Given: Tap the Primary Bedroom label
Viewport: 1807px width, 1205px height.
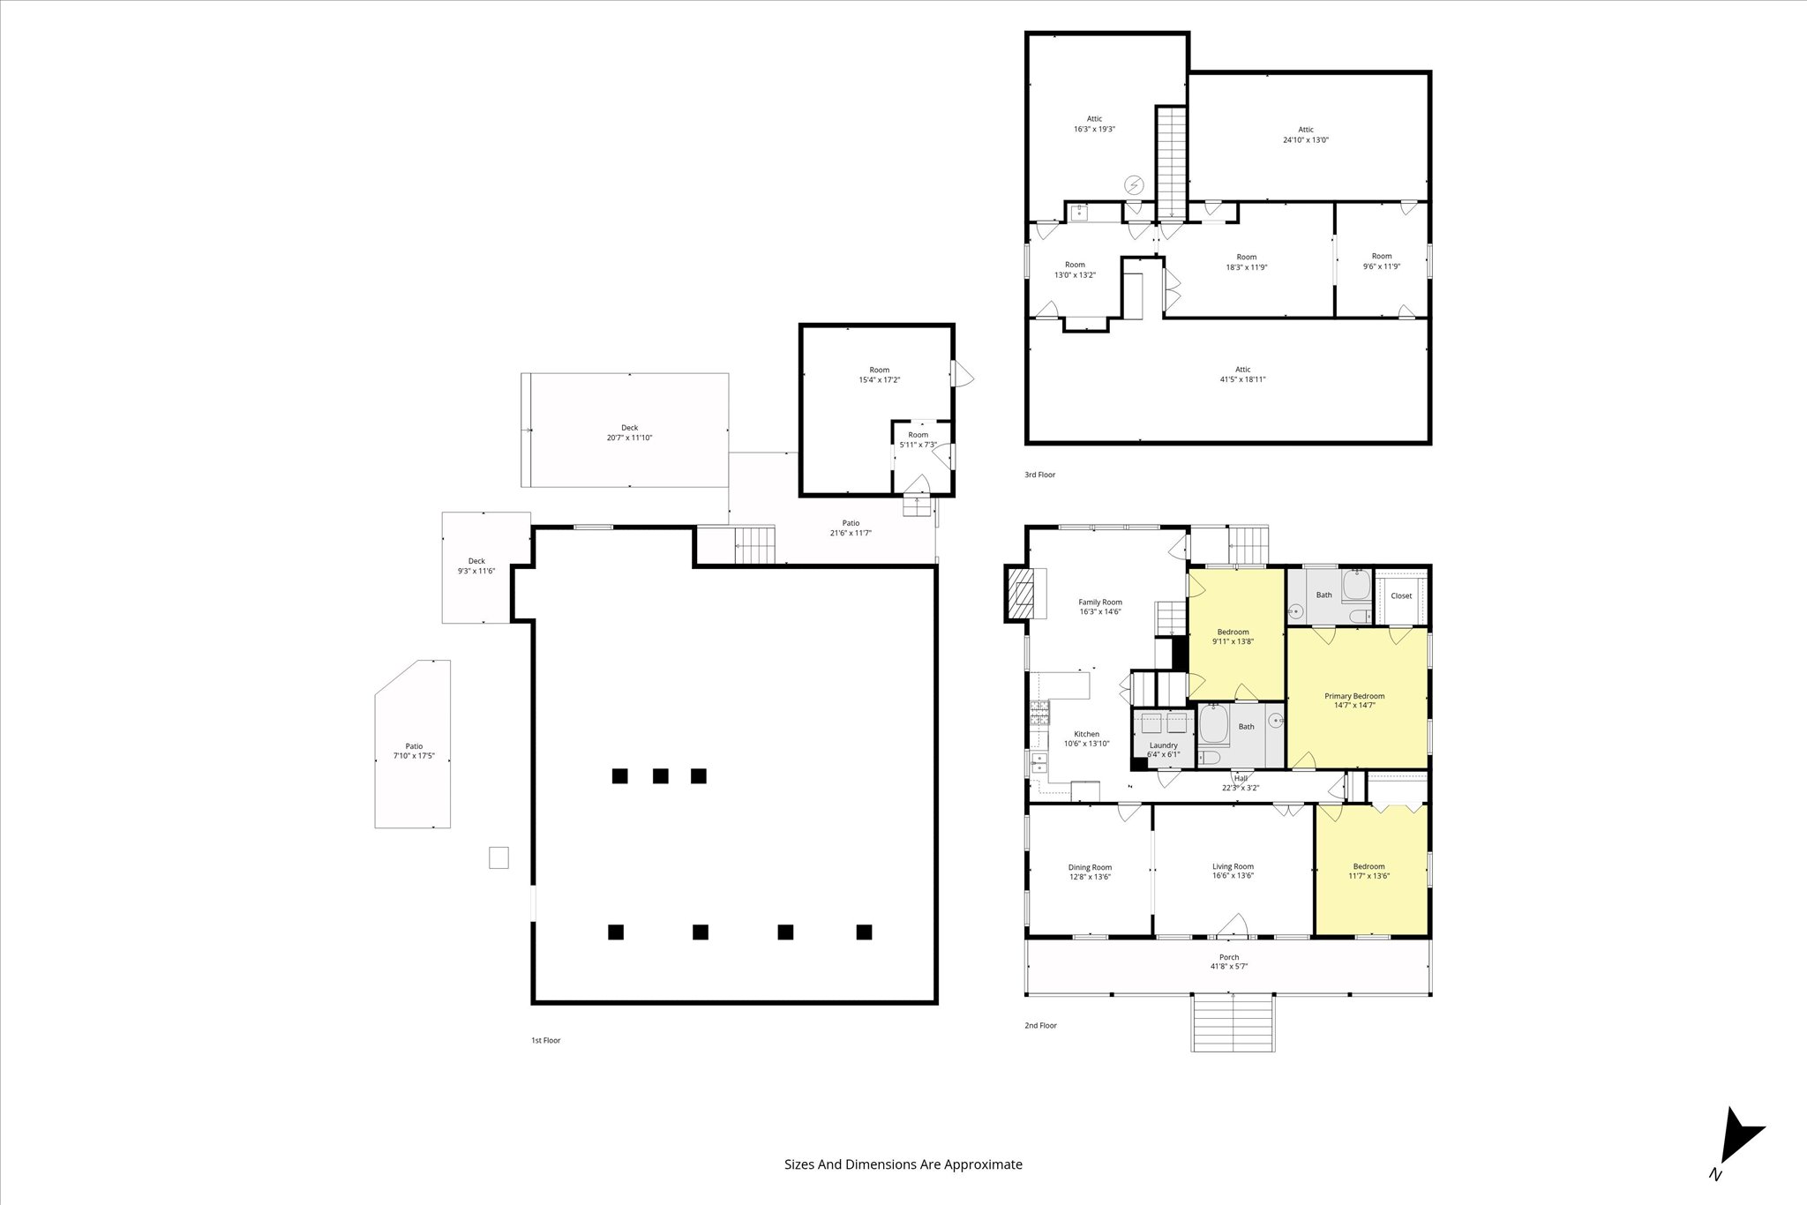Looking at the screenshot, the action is (1354, 700).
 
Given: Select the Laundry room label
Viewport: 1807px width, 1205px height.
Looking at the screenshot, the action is (1163, 750).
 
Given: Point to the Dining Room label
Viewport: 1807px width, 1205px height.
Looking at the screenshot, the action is (1090, 872).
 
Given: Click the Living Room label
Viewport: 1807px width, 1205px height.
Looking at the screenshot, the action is (1233, 871).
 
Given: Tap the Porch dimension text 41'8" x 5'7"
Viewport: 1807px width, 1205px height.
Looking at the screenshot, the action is (1229, 967).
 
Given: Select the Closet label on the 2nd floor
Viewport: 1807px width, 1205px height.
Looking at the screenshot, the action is (1401, 595).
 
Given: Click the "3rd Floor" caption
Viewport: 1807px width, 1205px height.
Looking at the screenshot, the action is (1039, 475).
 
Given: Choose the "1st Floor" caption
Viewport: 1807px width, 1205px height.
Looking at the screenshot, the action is (545, 1040).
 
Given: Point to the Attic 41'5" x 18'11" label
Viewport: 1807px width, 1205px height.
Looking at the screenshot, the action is (1242, 375).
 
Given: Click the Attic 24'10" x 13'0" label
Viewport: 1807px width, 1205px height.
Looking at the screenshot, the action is (1306, 135).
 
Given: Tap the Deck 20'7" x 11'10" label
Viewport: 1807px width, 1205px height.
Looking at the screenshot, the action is (629, 432).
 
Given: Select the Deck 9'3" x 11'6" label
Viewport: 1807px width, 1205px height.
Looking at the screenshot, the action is (476, 565).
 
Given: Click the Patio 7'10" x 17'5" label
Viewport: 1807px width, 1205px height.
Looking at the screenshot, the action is (414, 751).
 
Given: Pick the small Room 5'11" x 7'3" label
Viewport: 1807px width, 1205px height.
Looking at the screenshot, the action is (918, 439).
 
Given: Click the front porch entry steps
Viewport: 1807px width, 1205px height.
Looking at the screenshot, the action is (1233, 1022).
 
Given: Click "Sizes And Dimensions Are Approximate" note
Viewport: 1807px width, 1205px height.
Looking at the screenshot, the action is (903, 1164).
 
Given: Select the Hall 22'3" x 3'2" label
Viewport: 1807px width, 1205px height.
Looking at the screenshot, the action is (1241, 783).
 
